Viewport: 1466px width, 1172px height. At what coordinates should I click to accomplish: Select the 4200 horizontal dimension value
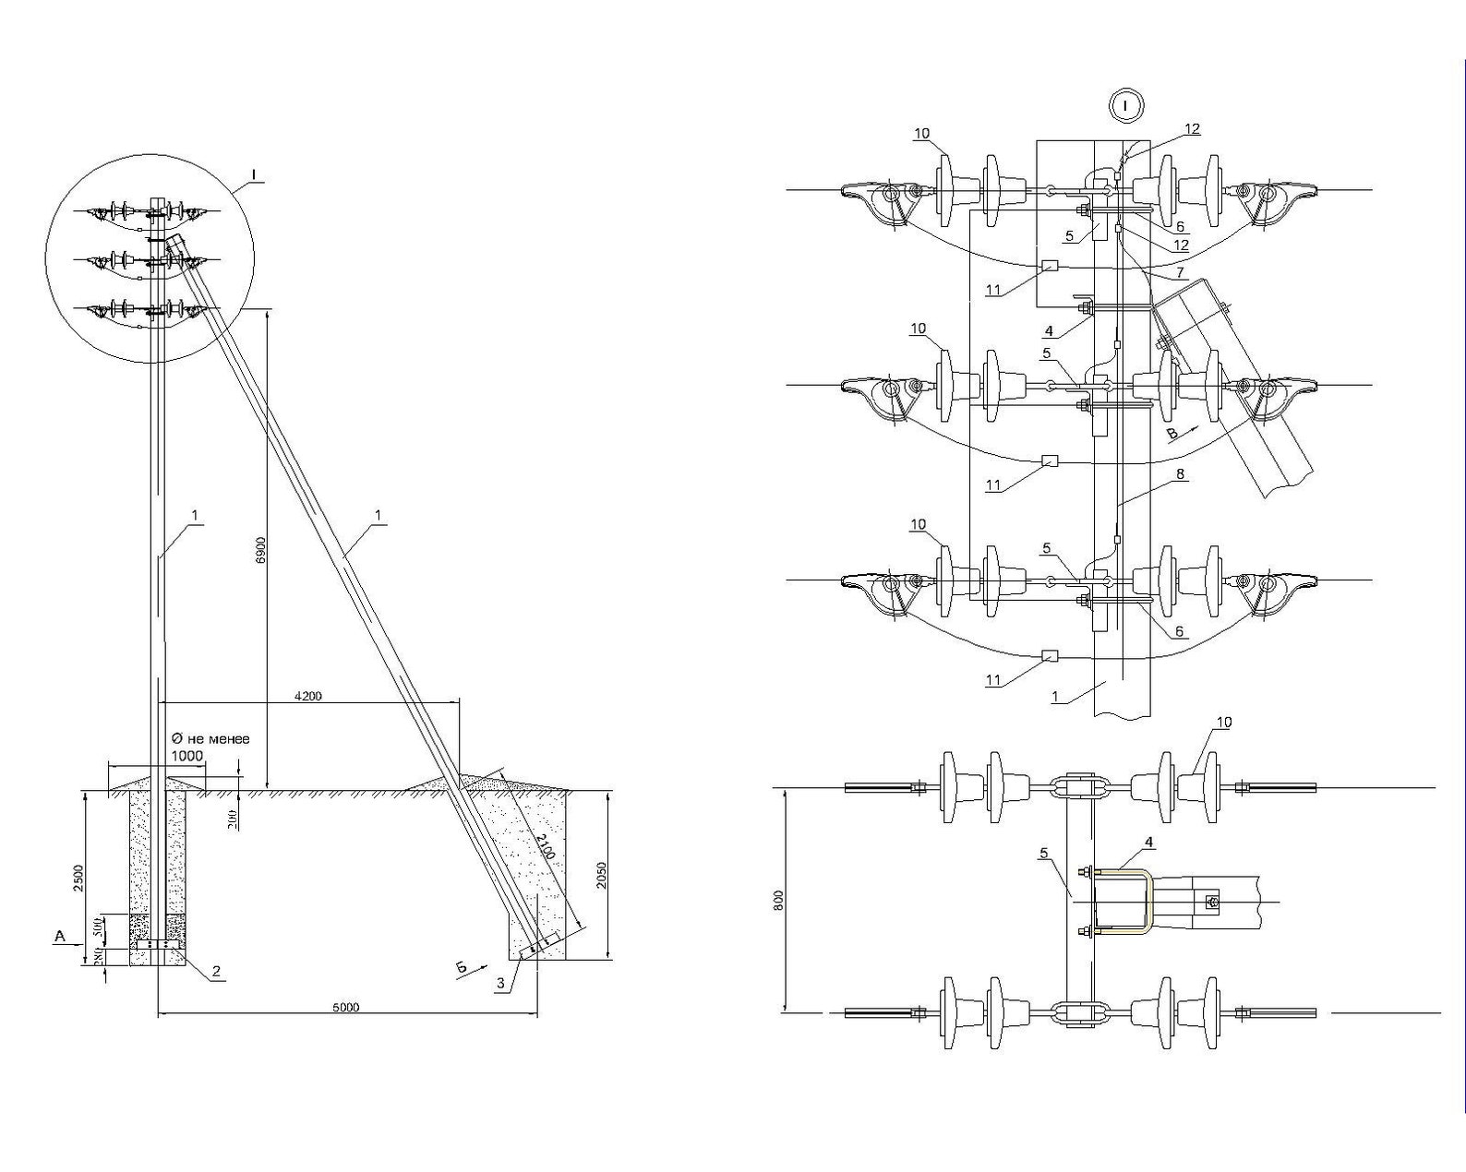[308, 696]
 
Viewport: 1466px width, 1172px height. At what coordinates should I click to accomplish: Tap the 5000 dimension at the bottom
[345, 1007]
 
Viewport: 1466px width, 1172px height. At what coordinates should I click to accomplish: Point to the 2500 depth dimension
[78, 878]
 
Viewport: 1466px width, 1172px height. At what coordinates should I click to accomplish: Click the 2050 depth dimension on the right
[601, 876]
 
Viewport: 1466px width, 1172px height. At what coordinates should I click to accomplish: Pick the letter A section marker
[60, 937]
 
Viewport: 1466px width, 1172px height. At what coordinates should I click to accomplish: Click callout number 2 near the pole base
[216, 971]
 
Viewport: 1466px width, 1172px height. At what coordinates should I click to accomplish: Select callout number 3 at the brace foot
[500, 984]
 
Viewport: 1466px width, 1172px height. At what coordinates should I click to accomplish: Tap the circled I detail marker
[1125, 106]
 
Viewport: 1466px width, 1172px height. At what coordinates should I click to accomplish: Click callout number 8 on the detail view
[1181, 474]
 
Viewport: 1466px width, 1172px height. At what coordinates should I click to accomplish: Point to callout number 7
[1181, 274]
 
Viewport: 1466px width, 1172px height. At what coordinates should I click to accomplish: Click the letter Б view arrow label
[461, 966]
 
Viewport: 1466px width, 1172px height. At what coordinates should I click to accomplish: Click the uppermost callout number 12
[1193, 129]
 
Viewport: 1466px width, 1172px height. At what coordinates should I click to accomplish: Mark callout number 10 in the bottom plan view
[1224, 722]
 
